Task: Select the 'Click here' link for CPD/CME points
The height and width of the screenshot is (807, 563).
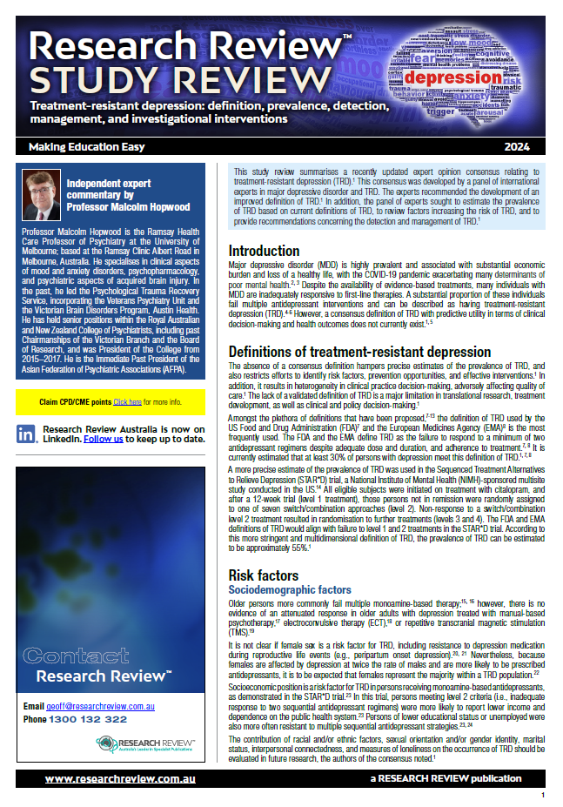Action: coord(127,402)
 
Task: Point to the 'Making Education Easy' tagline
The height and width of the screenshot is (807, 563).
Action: coord(77,146)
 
